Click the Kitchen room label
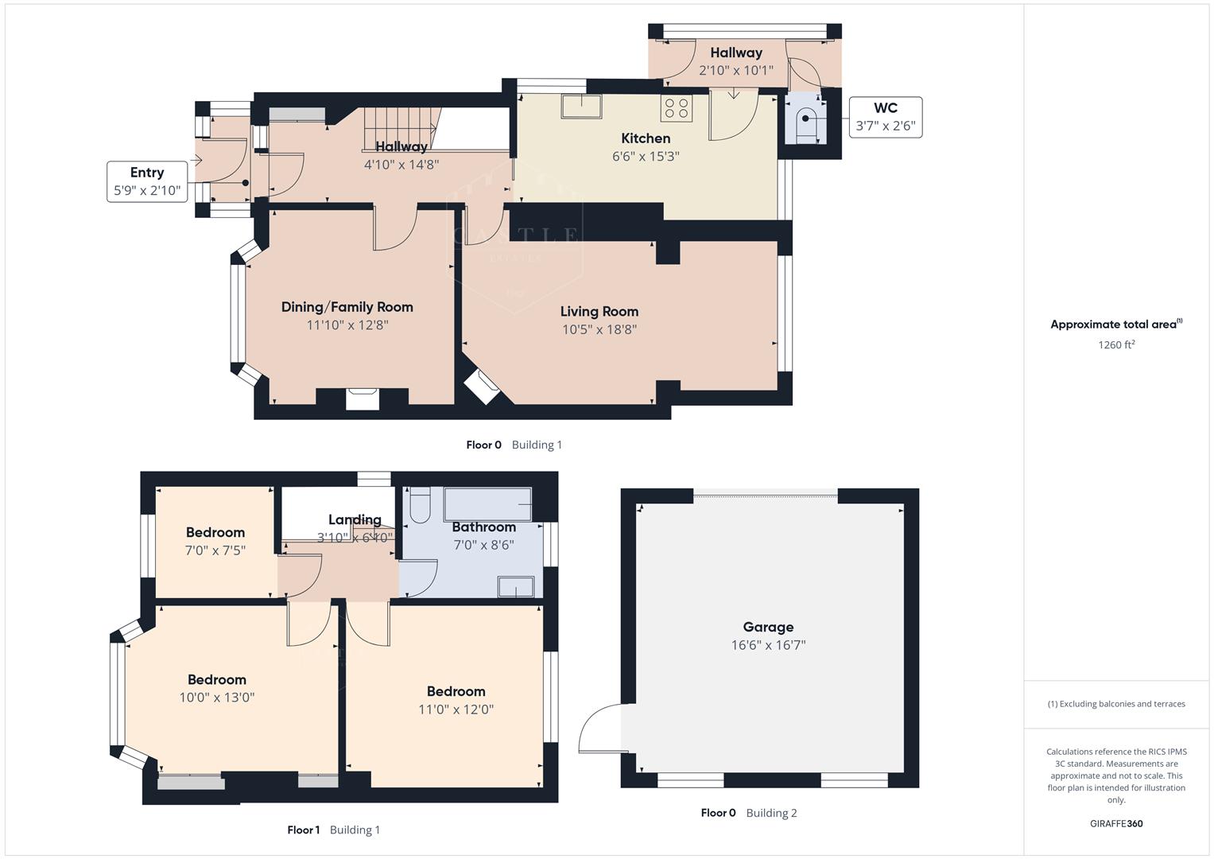[646, 138]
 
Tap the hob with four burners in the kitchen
[676, 108]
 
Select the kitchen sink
[581, 106]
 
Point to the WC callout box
[885, 117]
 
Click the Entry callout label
[147, 181]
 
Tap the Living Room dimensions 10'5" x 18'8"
[599, 329]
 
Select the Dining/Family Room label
[347, 307]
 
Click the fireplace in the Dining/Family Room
[363, 397]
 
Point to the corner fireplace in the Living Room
[482, 387]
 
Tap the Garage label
[768, 627]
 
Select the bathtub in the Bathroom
[487, 504]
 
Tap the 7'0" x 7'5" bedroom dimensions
[215, 550]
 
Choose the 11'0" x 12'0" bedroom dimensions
[456, 709]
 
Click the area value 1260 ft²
[1115, 345]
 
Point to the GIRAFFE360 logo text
[1115, 823]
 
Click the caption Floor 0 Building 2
[748, 813]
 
